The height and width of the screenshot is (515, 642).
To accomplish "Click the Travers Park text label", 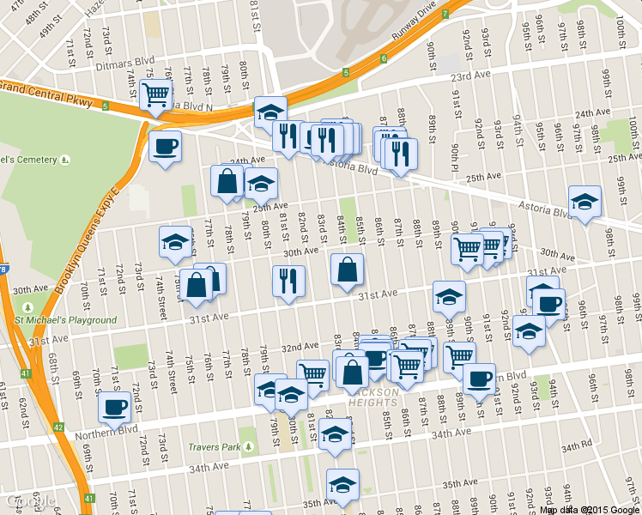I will [214, 447].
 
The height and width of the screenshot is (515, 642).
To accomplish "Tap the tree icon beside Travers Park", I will [248, 447].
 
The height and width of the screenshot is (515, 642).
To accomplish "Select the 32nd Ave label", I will [300, 347].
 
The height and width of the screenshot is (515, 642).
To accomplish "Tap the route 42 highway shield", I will [58, 427].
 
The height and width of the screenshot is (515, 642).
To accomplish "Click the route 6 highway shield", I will [383, 59].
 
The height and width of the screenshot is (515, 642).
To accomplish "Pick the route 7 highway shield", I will [445, 15].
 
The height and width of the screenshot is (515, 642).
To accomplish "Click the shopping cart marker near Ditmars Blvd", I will [155, 94].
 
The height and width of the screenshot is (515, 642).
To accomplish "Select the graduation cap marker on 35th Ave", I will [342, 485].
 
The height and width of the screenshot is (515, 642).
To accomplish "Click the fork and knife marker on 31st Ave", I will [288, 280].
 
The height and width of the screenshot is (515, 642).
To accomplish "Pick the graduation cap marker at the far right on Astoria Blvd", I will [584, 202].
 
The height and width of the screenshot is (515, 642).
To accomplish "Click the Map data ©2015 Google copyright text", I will [590, 509].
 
